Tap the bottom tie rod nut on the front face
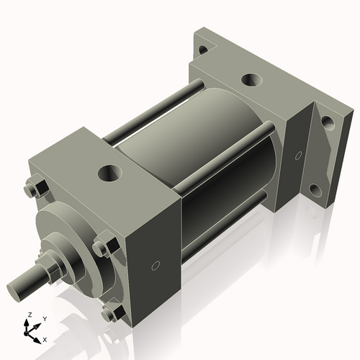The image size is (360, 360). tap(109, 312)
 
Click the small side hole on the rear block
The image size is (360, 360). tap(297, 156)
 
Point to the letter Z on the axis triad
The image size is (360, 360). tap(30, 315)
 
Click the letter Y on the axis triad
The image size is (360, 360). tap(45, 318)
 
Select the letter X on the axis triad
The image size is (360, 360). tap(45, 338)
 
